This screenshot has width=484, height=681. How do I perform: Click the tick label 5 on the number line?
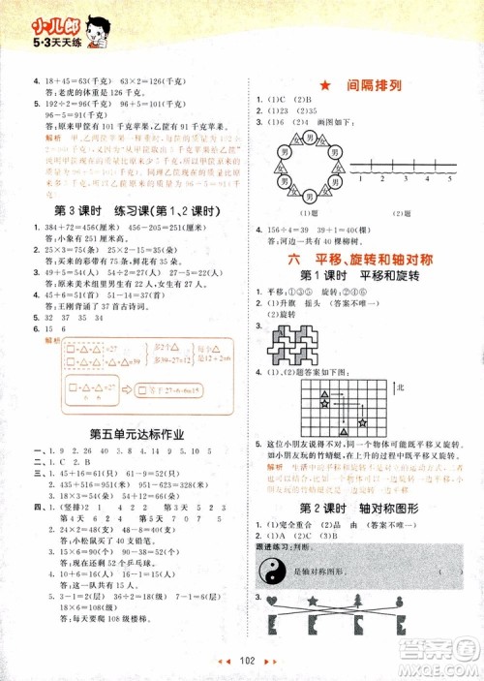449,179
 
